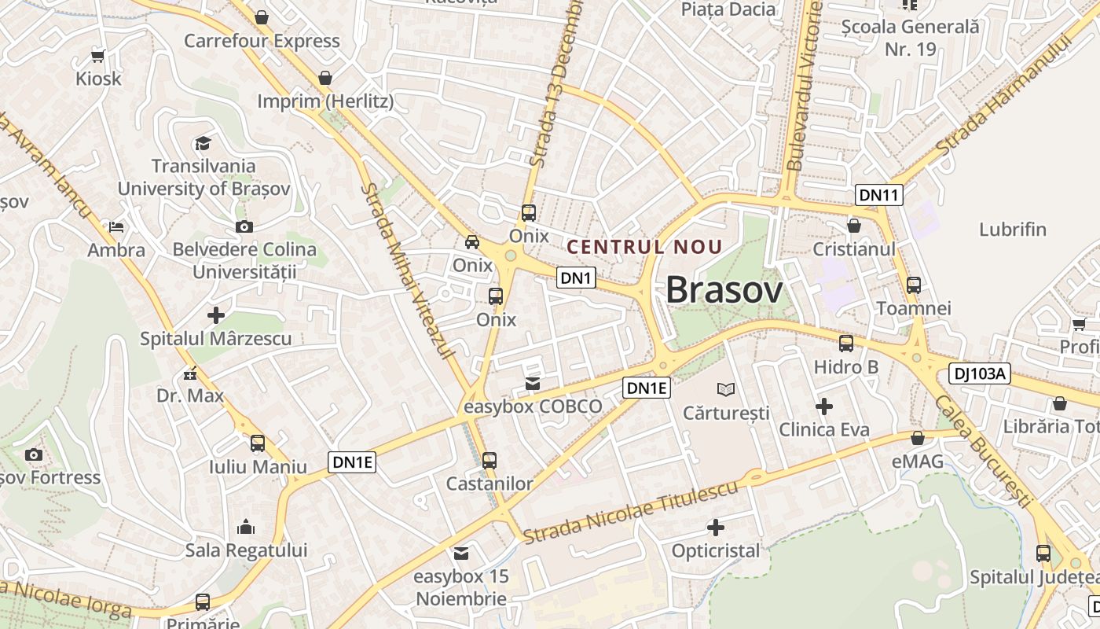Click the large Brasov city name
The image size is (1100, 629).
[x=724, y=291]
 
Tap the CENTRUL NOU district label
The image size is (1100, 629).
[x=644, y=247]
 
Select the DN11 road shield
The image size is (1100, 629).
[x=879, y=195]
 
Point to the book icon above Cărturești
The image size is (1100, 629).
[x=726, y=389]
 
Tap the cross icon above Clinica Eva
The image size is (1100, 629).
[x=824, y=406]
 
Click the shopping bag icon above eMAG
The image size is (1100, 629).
[x=917, y=438]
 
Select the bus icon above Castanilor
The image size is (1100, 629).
[x=489, y=461]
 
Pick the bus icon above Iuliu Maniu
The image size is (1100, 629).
[x=258, y=443]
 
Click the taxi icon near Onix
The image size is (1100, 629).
[x=472, y=242]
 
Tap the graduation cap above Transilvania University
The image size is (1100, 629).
[x=203, y=143]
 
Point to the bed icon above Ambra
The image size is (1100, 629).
[x=116, y=227]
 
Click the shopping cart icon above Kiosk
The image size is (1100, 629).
[x=98, y=56]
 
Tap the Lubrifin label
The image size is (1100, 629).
[x=1013, y=230]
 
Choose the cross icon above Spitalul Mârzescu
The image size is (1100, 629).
[x=215, y=316]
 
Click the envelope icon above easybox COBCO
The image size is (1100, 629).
[x=533, y=384]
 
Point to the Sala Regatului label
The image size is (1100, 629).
[x=246, y=550]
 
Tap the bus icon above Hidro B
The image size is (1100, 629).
[x=846, y=344]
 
